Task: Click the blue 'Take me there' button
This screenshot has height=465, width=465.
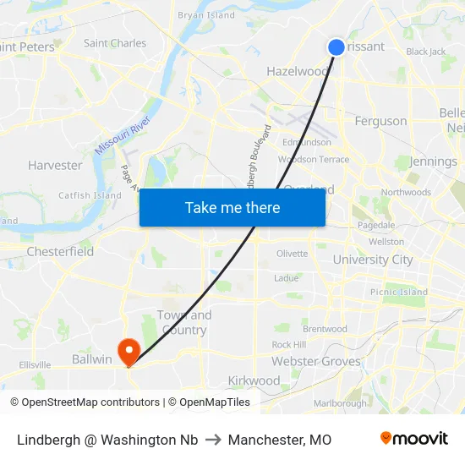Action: (x=232, y=207)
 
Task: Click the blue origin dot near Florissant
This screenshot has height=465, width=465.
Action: (x=336, y=47)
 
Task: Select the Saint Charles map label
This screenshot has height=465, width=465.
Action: (x=115, y=43)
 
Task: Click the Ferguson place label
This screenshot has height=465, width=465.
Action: (x=380, y=121)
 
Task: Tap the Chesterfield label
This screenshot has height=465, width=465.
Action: (x=60, y=251)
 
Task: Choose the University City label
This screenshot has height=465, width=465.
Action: (x=372, y=260)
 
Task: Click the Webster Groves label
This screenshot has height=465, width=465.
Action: (x=316, y=361)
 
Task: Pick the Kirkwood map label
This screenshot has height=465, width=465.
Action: (x=254, y=380)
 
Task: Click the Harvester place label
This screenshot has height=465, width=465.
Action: (x=55, y=165)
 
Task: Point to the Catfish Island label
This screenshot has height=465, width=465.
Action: (x=90, y=195)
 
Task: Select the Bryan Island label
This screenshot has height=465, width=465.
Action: (x=206, y=15)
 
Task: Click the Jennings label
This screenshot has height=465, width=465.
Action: (x=433, y=161)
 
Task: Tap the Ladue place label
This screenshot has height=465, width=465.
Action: (x=287, y=277)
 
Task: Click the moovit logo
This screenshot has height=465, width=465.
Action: (x=414, y=439)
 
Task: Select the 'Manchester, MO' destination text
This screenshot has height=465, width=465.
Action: (x=280, y=440)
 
